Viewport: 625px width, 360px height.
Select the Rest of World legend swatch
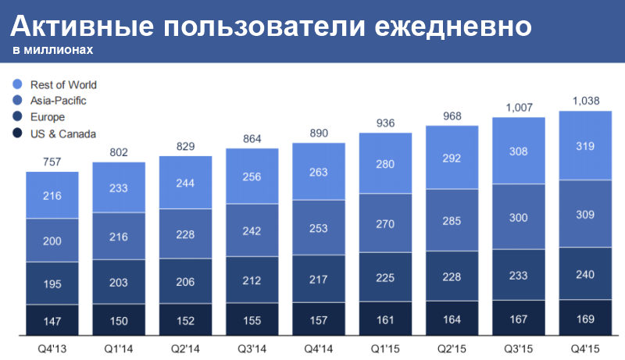(17, 84)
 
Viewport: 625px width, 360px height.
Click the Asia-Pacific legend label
(58, 101)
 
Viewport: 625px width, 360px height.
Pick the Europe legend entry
(48, 117)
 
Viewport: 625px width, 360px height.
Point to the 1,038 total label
(585, 100)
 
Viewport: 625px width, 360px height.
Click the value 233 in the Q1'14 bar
(119, 187)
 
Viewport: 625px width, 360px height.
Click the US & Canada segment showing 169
(585, 319)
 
